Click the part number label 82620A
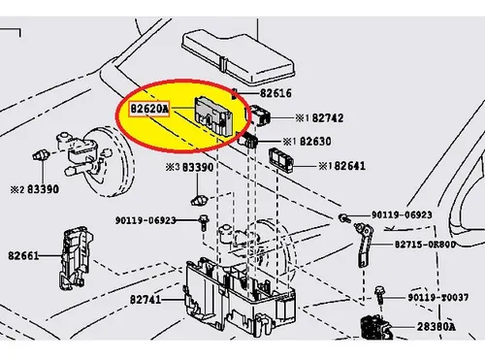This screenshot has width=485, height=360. pos(149,109)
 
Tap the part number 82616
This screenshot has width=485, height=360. pos(275,93)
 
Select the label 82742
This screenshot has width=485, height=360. pos(328,118)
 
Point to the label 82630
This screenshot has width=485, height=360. pos(315,142)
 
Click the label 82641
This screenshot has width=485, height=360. pos(350,166)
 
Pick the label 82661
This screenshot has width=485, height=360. pos(23,256)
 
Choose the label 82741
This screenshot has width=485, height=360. pos(145,300)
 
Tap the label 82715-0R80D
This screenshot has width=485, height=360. pos(425,245)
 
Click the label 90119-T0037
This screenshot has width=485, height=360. pos(437,297)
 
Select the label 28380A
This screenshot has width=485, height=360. pos(436,327)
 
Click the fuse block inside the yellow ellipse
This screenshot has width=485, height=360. pos(213,115)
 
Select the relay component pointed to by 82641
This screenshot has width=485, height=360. pos(280,159)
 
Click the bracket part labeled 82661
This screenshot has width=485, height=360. pos(76,258)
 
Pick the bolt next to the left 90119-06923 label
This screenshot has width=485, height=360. pos(204,222)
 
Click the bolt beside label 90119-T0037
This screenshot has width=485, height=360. pos(379,294)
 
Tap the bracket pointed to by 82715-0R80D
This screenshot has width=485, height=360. pos(363,245)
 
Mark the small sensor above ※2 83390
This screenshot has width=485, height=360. pos(41,154)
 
